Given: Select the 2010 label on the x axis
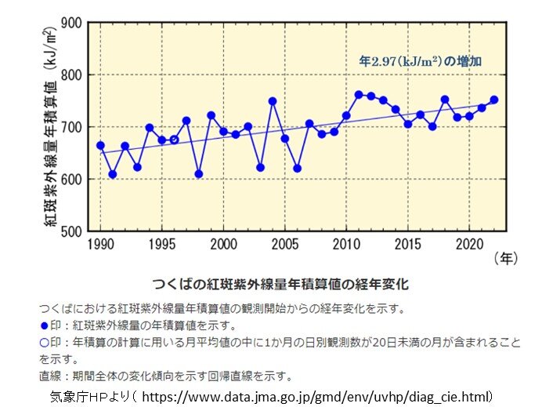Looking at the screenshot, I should (x=346, y=242).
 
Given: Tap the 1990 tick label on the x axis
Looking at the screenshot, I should (x=100, y=242).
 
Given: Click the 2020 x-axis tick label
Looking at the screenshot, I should (x=469, y=242).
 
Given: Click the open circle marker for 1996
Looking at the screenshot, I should (x=174, y=140).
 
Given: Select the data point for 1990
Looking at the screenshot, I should (x=100, y=145).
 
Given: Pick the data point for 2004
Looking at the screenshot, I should (x=273, y=101).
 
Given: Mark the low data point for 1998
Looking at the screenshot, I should (x=199, y=173).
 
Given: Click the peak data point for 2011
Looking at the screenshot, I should (x=359, y=95).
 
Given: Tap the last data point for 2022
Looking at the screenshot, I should (x=493, y=100).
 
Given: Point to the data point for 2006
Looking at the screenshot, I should (x=297, y=169).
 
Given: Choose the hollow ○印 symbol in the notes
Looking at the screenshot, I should (x=43, y=343).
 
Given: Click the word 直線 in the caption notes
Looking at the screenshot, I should (x=49, y=376).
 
